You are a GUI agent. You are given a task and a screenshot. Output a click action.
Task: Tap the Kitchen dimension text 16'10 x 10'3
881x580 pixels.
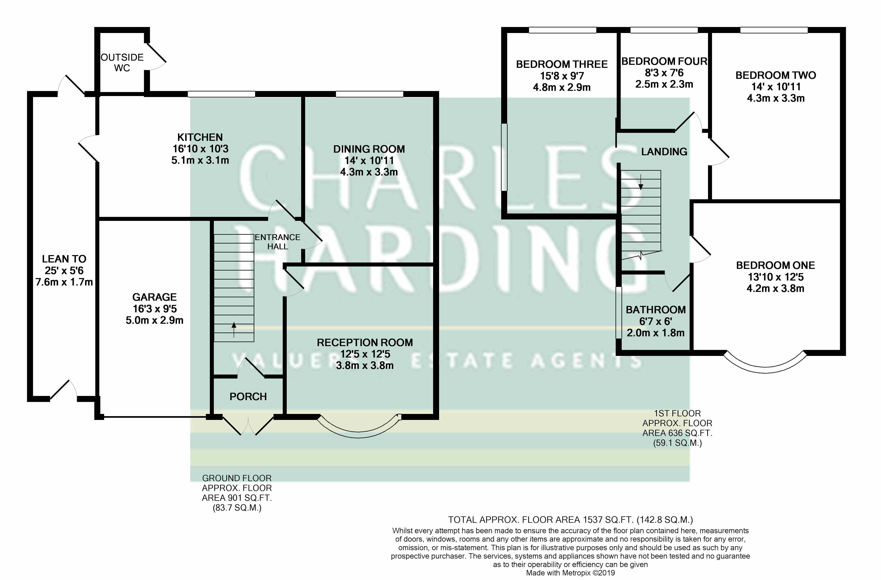200,149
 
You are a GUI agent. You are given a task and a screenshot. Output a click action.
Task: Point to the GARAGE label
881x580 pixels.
154,297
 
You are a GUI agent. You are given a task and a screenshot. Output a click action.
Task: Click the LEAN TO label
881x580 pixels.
64,259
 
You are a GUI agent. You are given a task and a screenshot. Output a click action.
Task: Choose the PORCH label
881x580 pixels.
248,397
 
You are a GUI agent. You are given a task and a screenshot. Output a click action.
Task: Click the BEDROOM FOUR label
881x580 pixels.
664,61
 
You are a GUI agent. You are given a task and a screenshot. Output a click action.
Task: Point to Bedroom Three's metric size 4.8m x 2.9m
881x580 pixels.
562,88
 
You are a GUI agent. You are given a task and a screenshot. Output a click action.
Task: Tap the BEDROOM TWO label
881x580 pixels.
775,75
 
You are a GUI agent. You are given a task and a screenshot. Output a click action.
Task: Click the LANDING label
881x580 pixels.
664,152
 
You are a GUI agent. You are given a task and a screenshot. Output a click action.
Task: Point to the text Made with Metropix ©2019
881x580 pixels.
570,573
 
